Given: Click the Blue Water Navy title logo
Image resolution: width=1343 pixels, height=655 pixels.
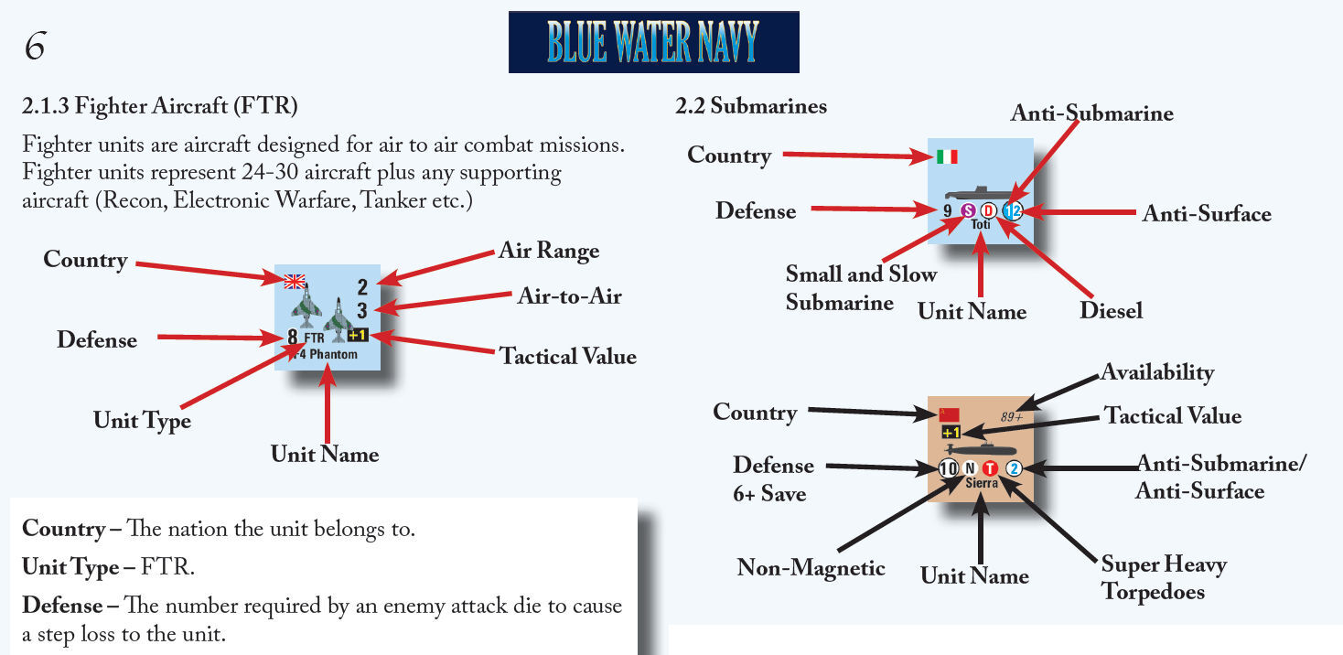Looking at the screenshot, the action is [653, 42].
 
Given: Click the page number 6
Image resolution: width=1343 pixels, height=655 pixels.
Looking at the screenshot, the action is [35, 47].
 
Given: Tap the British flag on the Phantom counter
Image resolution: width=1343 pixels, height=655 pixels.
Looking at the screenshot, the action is [295, 281].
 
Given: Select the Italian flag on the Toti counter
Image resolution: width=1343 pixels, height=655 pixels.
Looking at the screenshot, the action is [947, 156].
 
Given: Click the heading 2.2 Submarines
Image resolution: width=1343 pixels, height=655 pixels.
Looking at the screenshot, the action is [750, 106].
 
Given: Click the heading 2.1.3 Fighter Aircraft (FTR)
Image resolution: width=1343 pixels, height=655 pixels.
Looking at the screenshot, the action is [160, 106].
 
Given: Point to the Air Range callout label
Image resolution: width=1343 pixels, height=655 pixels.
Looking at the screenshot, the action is [549, 251].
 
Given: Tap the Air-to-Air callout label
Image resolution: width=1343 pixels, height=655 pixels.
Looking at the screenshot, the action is [569, 295].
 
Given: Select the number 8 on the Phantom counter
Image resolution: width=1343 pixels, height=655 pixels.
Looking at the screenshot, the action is [293, 338].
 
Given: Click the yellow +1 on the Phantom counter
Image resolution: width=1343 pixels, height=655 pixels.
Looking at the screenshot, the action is [358, 336].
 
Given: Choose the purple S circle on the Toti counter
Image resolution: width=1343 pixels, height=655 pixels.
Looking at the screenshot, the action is [968, 211].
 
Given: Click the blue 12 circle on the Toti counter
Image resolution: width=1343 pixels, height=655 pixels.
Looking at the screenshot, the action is [1011, 211].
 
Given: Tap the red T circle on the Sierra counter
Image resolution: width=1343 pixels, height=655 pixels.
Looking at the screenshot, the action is [990, 468].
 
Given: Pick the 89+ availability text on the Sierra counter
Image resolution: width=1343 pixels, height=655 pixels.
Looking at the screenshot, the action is [1011, 416].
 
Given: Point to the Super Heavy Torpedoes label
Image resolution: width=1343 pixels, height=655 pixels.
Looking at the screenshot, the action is [1163, 577].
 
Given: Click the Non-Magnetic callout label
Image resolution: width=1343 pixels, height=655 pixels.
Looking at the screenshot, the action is [811, 568].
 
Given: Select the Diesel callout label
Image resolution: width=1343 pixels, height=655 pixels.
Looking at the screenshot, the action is [1111, 311].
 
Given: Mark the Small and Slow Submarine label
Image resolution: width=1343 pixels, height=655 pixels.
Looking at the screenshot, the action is [860, 287].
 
